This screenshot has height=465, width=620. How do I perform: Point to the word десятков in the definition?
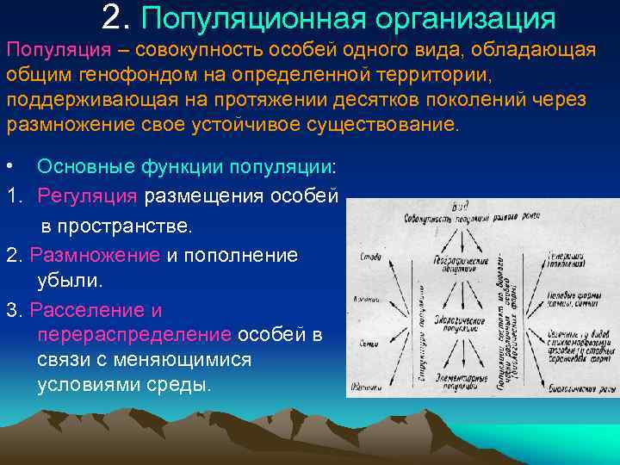click(349, 99)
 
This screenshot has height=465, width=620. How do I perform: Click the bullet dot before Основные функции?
click(9, 165)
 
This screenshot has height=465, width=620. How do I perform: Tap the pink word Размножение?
click(95, 255)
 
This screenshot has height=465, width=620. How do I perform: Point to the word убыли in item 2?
click(69, 281)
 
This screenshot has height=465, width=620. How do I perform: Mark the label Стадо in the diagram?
click(360, 256)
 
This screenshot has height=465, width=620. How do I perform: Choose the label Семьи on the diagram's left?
click(360, 342)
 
